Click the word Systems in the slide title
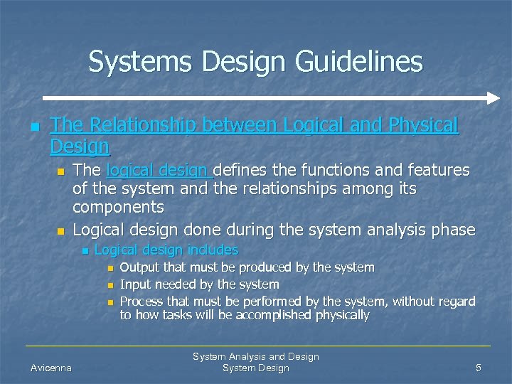pos(141,62)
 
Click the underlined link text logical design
pos(158,170)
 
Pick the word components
pos(118,207)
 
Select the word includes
pos(211,250)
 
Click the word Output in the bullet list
pos(139,267)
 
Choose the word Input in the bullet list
pos(135,284)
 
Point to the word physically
pos(340,315)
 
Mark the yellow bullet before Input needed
pos(110,285)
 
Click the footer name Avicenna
pos(50,368)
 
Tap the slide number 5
pos(479,368)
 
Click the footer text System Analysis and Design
pos(256,356)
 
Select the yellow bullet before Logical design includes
pos(84,250)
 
